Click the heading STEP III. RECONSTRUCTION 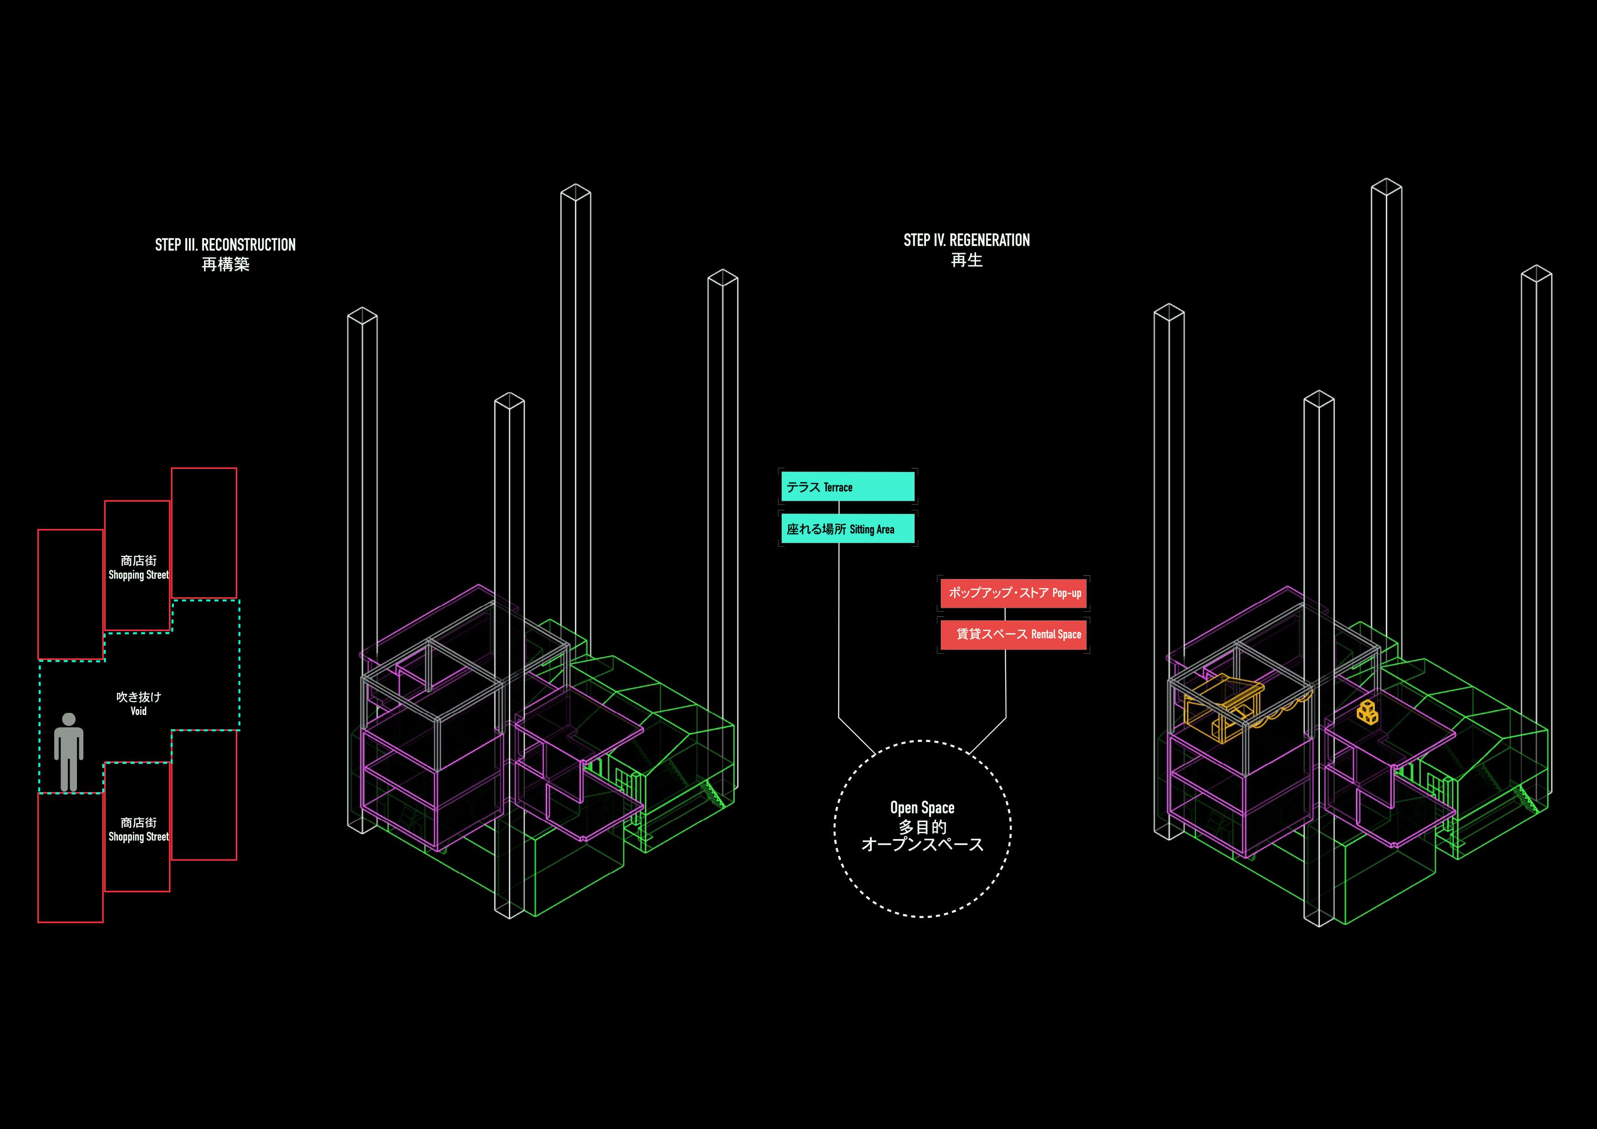(225, 245)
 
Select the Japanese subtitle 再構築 (225, 265)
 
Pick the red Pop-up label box (1013, 593)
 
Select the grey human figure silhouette (69, 751)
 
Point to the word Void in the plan (138, 711)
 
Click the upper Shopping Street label (138, 575)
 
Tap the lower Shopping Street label (138, 837)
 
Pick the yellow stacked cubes (1368, 712)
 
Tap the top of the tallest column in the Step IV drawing (1386, 187)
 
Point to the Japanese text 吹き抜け (138, 697)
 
